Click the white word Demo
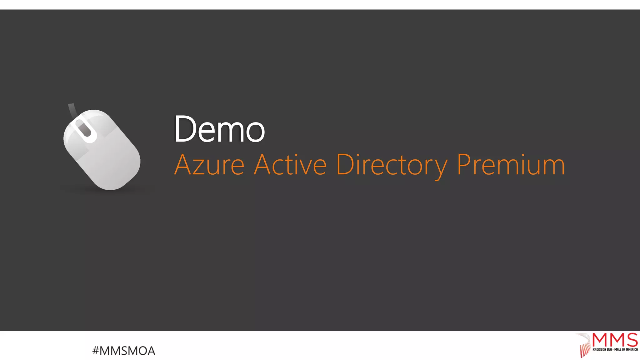tap(219, 129)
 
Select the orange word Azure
tap(209, 164)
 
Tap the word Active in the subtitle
tap(290, 164)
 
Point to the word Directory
tap(392, 164)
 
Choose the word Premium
tap(511, 164)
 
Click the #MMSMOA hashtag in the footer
tap(124, 351)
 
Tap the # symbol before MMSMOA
tap(96, 351)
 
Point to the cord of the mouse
tap(72, 109)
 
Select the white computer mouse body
tap(106, 156)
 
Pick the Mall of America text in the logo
tap(626, 349)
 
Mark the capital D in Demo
tap(184, 129)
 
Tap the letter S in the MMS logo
tap(632, 340)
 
